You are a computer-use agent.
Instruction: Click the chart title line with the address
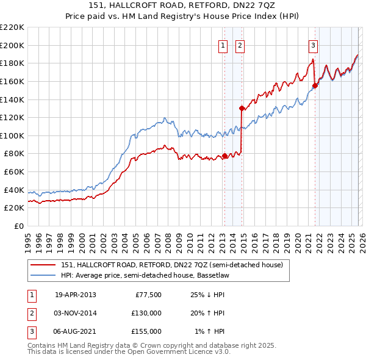click(x=183, y=6)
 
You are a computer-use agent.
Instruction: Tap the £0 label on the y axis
click(x=18, y=226)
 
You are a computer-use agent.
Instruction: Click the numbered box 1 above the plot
click(x=223, y=45)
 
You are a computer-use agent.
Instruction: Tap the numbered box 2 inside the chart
click(x=240, y=45)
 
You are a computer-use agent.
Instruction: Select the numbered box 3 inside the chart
click(x=313, y=45)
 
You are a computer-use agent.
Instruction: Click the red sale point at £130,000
click(x=242, y=109)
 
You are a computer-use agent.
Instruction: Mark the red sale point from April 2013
click(x=224, y=156)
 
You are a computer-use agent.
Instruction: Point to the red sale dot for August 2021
click(x=315, y=86)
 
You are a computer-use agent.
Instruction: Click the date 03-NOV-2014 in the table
click(x=76, y=313)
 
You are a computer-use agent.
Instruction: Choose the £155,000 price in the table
click(x=146, y=331)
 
